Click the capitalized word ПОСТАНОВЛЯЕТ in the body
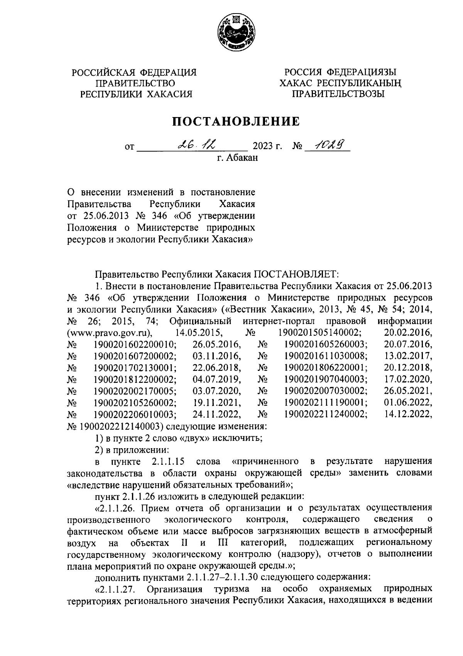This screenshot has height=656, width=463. (x=296, y=274)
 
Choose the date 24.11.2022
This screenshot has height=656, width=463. (x=217, y=415)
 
